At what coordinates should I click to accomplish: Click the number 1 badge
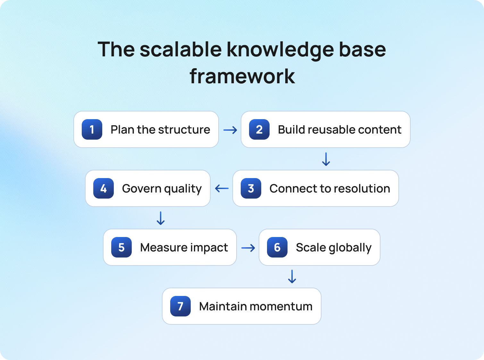(92, 129)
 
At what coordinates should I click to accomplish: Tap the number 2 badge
(259, 129)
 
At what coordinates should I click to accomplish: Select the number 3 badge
(251, 188)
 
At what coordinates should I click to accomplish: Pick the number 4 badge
(104, 188)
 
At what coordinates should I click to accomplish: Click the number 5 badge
(121, 247)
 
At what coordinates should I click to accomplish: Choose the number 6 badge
(277, 247)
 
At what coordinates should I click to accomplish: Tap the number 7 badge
(180, 306)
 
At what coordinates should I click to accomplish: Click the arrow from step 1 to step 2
(230, 130)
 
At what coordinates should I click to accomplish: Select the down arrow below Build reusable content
(326, 159)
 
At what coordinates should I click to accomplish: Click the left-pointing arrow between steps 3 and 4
(222, 188)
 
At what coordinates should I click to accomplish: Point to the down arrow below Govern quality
(161, 218)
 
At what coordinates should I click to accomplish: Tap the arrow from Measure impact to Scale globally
(248, 248)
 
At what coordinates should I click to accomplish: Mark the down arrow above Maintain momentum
(292, 277)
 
